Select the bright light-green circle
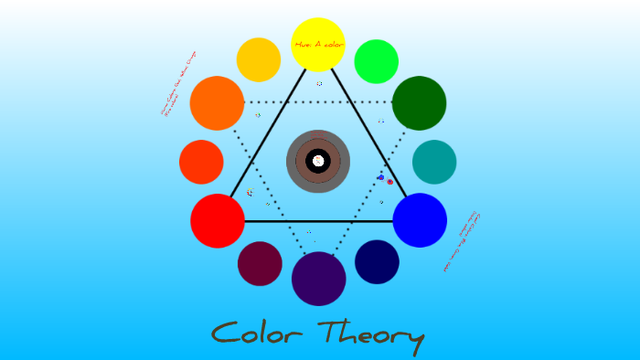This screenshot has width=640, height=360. pos(376,61)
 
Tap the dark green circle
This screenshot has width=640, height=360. pos(419,102)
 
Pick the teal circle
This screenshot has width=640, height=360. pos(434,162)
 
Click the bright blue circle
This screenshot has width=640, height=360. pos(420,220)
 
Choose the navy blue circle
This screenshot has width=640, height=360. pos(377,262)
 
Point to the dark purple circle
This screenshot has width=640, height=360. pos(318,279)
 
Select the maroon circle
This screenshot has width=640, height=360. pos(260,263)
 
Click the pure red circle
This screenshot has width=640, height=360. pos(218,220)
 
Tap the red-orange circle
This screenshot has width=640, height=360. pos(201,162)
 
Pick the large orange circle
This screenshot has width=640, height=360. pos(217,102)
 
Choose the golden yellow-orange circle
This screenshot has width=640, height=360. pos(259,59)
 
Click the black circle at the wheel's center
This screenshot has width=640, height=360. pos(318,161)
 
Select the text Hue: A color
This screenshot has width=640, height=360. pos(318,44)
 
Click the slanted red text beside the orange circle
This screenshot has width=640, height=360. pos(179,83)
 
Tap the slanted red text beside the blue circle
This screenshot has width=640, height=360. pos(462,242)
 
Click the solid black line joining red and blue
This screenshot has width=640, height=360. pos(318,221)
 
